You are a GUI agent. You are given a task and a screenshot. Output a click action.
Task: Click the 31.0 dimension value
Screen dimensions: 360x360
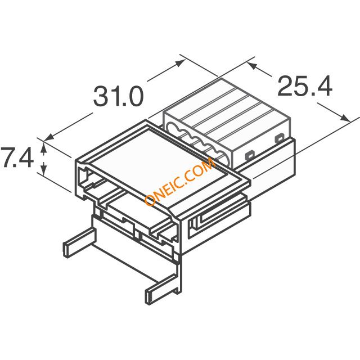[x=119, y=96]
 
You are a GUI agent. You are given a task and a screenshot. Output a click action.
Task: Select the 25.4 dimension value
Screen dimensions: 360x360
[x=305, y=86]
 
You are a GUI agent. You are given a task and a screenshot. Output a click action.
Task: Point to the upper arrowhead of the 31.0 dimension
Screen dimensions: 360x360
[x=181, y=62]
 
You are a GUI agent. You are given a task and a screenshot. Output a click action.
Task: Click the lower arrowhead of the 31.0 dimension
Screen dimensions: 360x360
[x=49, y=137]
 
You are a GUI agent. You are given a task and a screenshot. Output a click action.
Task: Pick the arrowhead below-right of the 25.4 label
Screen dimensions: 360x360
[x=345, y=118]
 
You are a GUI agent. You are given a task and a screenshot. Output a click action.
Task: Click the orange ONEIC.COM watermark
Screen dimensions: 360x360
[x=180, y=181]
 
